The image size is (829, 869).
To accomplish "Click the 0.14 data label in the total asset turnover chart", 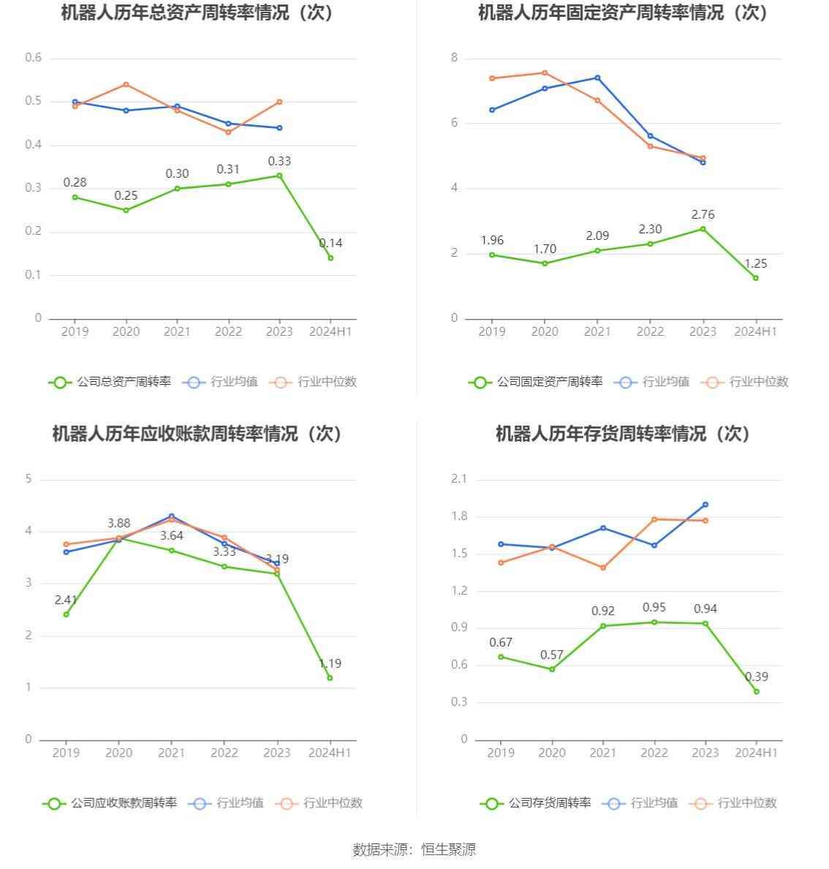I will coord(330,243).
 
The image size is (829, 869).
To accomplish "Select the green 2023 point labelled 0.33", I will coord(279,176).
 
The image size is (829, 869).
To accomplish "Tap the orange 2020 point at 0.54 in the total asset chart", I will coord(126,84).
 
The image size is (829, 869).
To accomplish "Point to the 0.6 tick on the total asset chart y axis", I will coord(34,58).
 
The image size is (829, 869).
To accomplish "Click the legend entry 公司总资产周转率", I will coord(110,382).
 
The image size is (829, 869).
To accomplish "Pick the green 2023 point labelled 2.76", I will coord(703,229).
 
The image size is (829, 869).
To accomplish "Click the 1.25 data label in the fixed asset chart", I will coord(755,263).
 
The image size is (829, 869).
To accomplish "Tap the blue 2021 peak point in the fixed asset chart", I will coord(597,78).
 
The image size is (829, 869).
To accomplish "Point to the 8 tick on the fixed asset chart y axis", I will coord(454,58).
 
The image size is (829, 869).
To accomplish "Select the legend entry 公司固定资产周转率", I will coord(536,382).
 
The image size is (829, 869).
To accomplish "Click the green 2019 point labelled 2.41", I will coord(66,614).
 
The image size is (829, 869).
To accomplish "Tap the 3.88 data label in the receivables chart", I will coord(118,523).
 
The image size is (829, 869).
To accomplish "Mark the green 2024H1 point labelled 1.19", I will coord(330,678).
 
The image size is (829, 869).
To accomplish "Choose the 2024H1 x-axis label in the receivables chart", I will coord(330,753).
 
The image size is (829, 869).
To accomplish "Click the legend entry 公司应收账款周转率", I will coord(110,803).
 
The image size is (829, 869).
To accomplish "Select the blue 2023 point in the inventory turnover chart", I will coord(705,505).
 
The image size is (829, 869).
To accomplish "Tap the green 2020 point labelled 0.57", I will coord(552,669).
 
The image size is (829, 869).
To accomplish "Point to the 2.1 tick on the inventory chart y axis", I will coord(459,479).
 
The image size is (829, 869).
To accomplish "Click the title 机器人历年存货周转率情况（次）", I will coord(623,434).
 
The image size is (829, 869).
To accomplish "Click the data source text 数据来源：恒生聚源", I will coord(414,849).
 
